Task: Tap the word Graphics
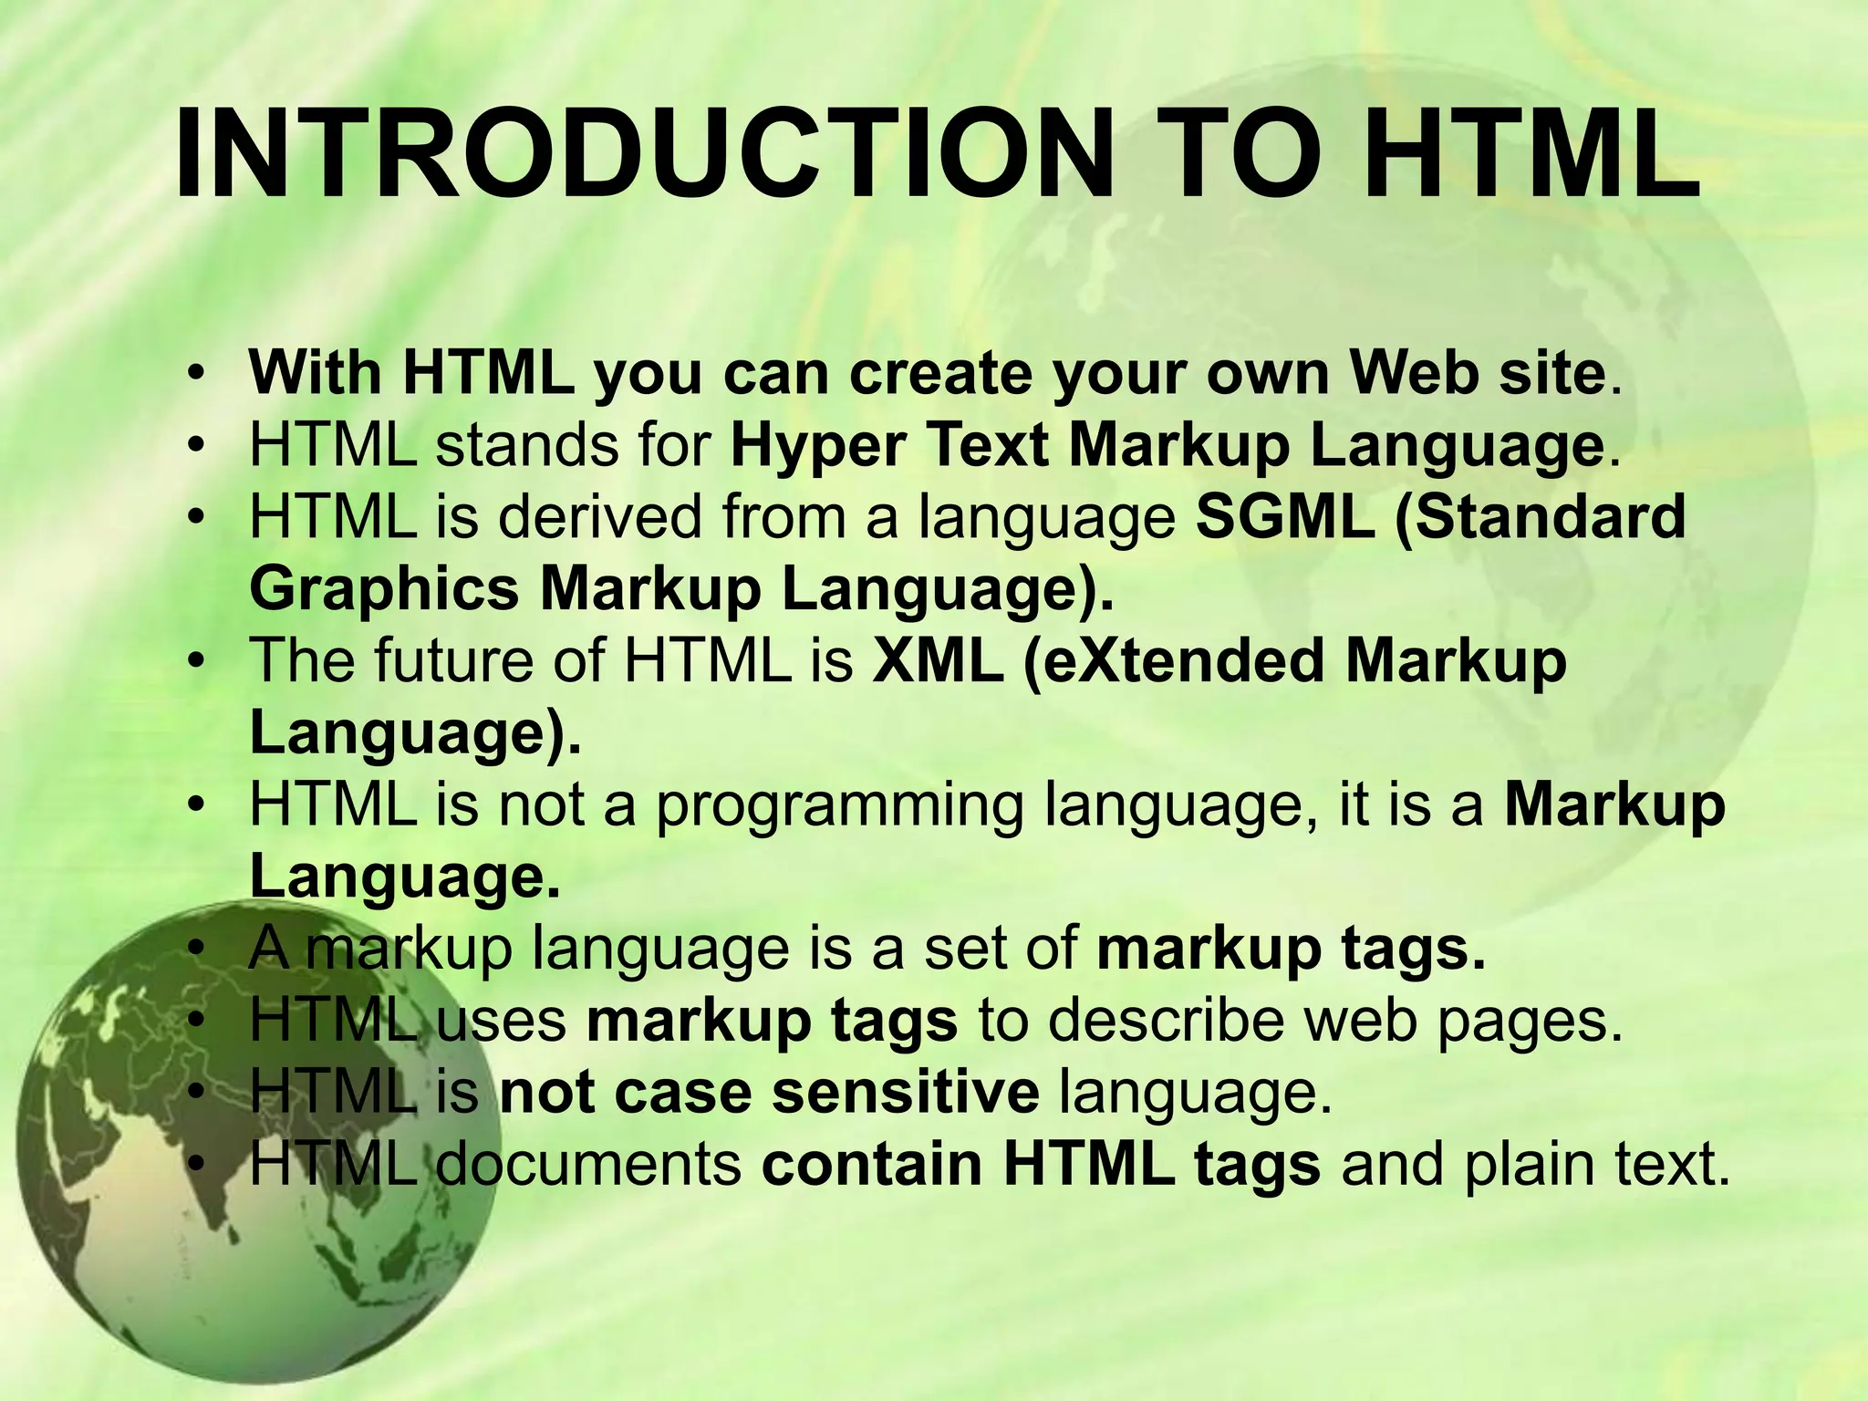coord(384,590)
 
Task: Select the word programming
coord(840,806)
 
